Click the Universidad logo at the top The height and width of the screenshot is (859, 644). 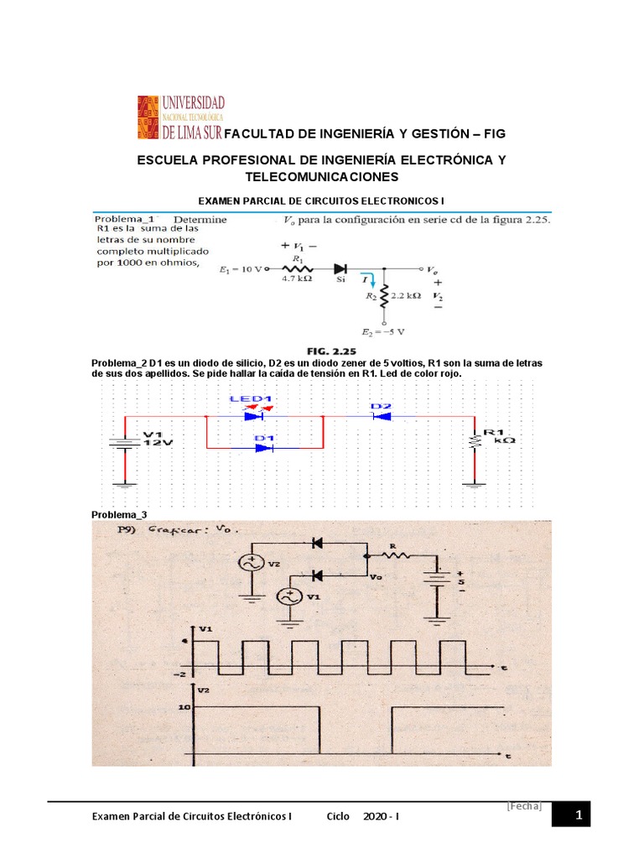point(181,117)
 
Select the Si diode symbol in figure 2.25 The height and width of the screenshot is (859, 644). point(340,268)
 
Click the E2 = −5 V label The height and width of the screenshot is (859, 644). point(384,331)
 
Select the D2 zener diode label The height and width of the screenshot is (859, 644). point(381,405)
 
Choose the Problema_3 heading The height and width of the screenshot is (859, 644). point(119,514)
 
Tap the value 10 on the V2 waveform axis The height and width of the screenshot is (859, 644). point(186,706)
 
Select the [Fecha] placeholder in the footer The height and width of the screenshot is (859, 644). point(525,806)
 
